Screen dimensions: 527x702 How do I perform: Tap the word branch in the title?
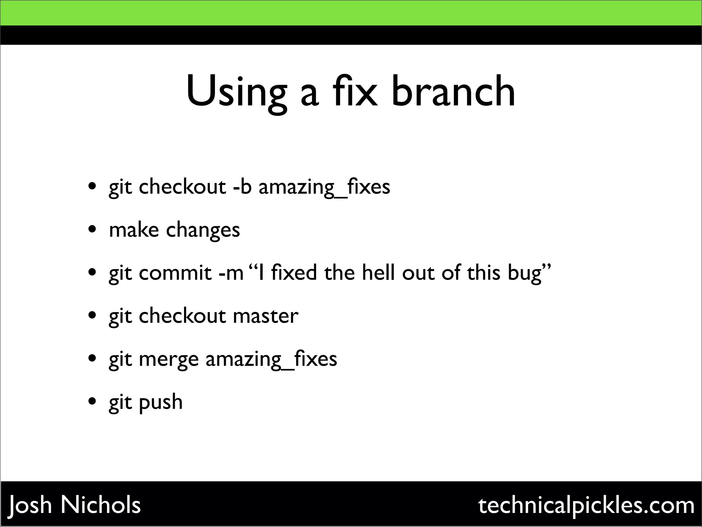(453, 91)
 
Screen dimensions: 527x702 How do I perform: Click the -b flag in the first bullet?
(242, 187)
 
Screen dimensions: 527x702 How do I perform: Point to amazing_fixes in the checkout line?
(324, 187)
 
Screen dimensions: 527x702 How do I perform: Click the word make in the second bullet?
(134, 230)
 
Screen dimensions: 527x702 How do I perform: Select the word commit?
(175, 273)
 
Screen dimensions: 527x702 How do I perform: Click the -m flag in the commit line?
(231, 273)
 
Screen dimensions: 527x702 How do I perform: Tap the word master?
(265, 316)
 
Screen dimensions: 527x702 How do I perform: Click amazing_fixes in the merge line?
(271, 359)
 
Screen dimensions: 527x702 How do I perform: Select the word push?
(160, 402)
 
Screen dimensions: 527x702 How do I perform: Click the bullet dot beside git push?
(92, 401)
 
